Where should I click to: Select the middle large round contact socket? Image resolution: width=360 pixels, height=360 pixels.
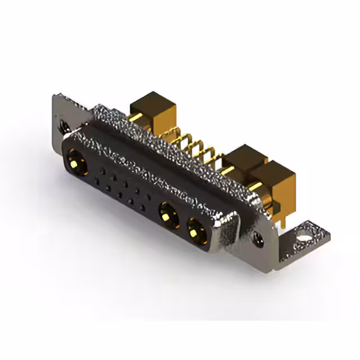(167, 213)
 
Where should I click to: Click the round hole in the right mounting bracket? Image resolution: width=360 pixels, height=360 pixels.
(305, 231)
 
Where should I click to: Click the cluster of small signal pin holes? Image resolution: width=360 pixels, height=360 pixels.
(124, 188)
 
